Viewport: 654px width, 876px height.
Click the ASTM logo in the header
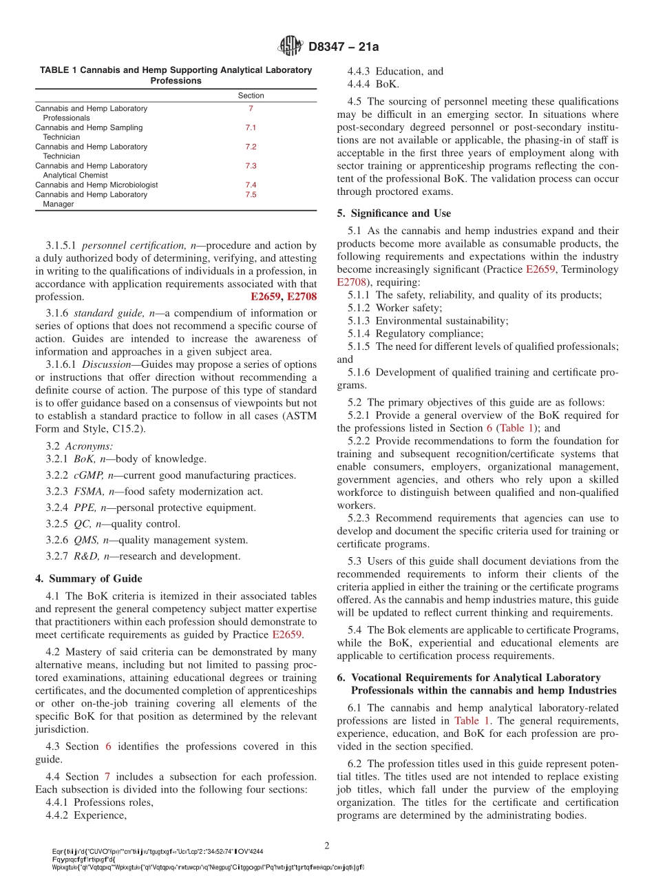coord(290,46)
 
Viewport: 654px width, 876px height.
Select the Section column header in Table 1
coord(251,96)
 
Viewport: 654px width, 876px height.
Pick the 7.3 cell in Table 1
coord(251,166)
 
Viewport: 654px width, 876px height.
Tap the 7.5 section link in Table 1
coord(251,195)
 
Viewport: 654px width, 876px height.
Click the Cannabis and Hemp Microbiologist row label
coord(96,185)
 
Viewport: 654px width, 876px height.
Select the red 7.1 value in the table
coord(251,128)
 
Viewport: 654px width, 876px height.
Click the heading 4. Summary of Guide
coord(89,578)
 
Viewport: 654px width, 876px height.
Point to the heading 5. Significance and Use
coord(394,213)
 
